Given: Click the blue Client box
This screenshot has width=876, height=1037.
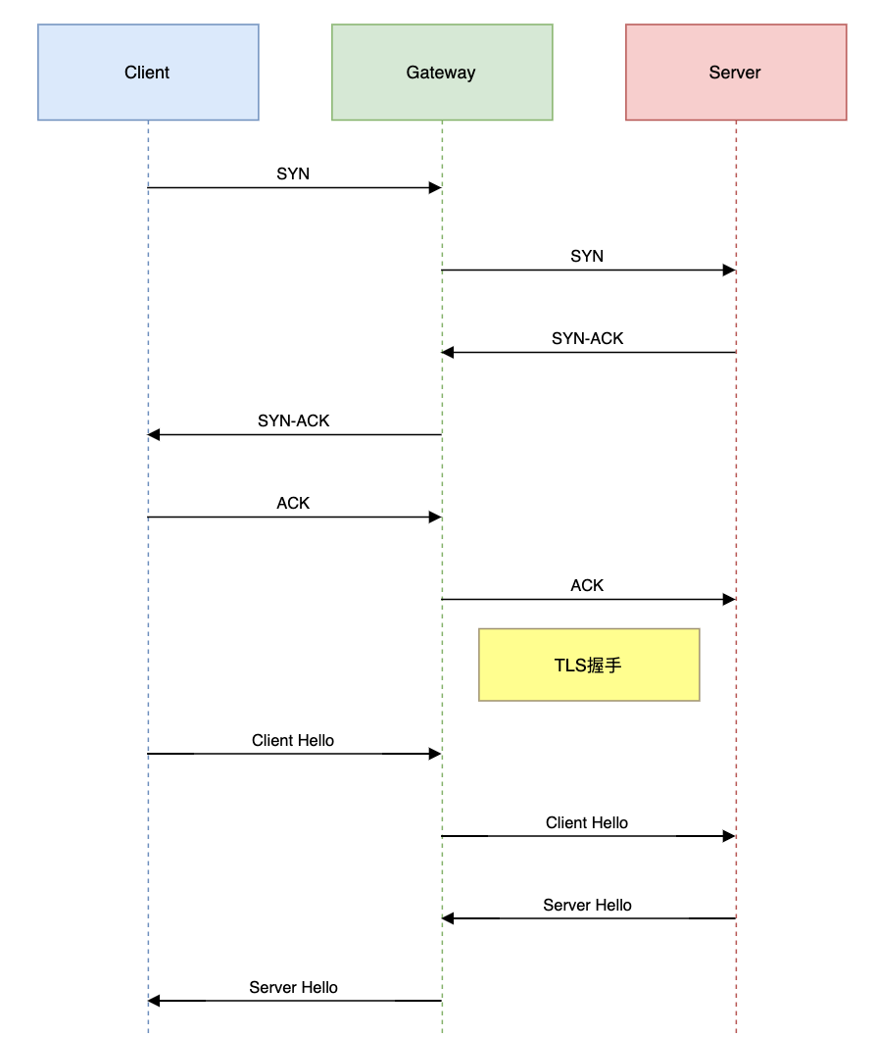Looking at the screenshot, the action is click(148, 73).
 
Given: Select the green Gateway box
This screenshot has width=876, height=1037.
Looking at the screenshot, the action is click(442, 73).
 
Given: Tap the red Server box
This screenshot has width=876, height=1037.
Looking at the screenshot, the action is click(736, 73).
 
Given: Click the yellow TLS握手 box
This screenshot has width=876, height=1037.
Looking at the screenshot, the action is click(589, 665).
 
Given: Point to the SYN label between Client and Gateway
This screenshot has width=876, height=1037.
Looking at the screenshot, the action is click(293, 173).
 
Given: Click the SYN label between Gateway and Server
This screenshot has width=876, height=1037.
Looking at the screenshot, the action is click(587, 256).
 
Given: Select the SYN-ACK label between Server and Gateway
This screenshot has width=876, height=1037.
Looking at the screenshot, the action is click(588, 338).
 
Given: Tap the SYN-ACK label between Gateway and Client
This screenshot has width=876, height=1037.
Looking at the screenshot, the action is click(294, 420).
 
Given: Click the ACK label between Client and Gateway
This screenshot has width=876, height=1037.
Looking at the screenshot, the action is click(293, 503).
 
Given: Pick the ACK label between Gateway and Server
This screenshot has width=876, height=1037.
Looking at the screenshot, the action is click(587, 585).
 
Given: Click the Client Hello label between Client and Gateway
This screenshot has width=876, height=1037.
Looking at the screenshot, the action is click(293, 740).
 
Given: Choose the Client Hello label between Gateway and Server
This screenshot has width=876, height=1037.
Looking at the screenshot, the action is click(587, 822).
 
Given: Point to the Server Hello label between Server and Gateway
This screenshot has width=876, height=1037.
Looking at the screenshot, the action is click(587, 905).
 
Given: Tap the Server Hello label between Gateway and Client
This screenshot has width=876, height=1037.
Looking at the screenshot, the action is click(294, 987).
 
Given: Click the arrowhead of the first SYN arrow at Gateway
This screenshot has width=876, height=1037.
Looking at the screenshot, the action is click(435, 188).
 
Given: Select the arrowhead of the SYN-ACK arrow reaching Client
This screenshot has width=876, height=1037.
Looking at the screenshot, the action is click(154, 434).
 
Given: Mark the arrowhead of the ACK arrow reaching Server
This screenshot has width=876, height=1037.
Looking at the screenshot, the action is click(729, 599).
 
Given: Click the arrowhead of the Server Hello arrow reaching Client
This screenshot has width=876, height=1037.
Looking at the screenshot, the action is click(154, 1001).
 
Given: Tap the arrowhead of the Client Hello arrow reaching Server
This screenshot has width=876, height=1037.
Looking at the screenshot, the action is click(729, 836).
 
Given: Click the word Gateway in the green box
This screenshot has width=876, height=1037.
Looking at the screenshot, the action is click(441, 73).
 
